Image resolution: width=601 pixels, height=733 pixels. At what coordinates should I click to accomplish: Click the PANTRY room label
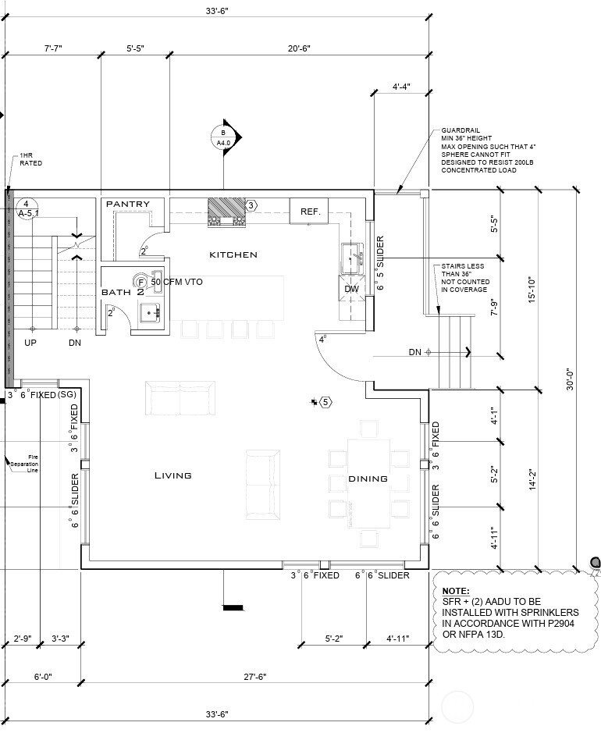[127, 205]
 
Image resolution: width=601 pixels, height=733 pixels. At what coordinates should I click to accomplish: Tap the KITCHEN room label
[233, 254]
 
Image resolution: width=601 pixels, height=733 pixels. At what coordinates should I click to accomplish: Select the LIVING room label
[172, 475]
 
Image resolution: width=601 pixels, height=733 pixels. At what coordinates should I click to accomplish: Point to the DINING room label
[368, 479]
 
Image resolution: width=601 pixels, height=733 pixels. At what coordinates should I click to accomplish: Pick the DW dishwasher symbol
[350, 288]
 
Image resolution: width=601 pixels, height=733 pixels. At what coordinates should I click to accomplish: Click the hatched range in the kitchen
[226, 211]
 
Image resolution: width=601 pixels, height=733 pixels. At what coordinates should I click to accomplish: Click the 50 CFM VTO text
[176, 282]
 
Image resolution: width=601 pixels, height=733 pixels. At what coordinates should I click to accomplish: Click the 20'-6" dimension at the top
[298, 48]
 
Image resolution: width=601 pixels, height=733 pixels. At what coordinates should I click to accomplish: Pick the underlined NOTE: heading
[455, 591]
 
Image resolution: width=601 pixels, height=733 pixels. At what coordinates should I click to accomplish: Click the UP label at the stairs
[30, 343]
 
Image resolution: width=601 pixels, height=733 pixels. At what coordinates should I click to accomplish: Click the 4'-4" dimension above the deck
[401, 86]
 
